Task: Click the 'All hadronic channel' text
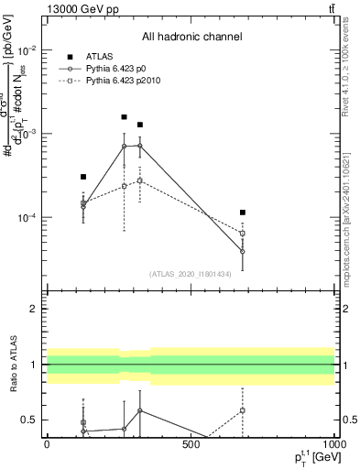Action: click(x=191, y=37)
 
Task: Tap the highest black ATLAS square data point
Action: click(x=125, y=117)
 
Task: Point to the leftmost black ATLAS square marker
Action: click(x=83, y=177)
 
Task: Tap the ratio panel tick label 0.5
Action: click(x=29, y=420)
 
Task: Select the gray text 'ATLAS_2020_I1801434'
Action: click(x=191, y=274)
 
